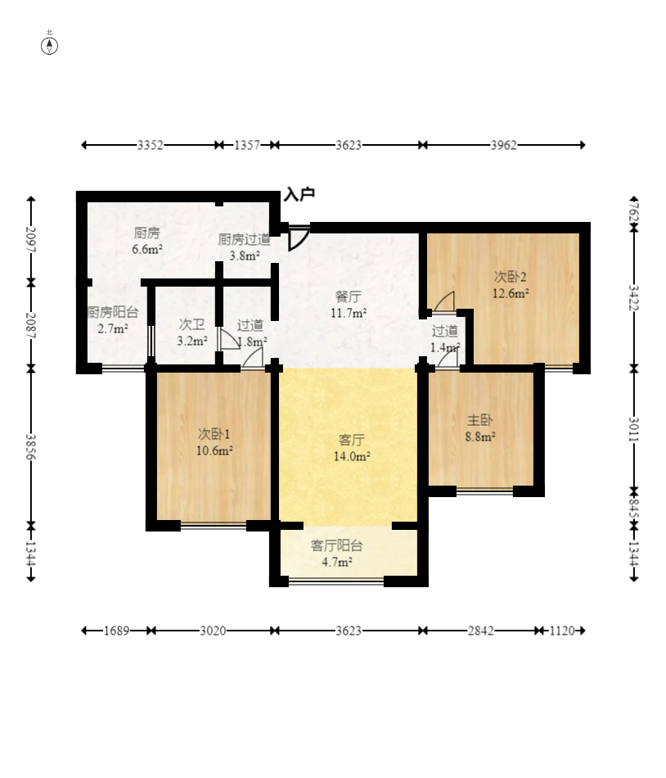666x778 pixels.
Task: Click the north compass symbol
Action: [x=49, y=46]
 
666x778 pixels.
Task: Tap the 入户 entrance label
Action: [x=299, y=194]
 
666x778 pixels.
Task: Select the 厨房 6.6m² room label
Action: [x=147, y=241]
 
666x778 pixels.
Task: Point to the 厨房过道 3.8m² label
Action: [x=245, y=247]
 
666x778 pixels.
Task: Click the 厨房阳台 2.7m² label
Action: [x=113, y=320]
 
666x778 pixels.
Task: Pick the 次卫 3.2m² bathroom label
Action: [x=192, y=333]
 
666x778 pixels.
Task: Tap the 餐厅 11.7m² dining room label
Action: [x=349, y=305]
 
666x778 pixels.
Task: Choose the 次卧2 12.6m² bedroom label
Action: [x=511, y=285]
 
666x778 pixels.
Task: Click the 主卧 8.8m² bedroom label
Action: [x=480, y=428]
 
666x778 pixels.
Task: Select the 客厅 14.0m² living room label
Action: [x=352, y=447]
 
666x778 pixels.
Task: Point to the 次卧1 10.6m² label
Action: [x=214, y=442]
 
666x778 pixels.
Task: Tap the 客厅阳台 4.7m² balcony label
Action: [x=337, y=554]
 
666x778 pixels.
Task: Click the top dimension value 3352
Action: [x=151, y=145]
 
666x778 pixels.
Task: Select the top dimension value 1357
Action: [x=247, y=145]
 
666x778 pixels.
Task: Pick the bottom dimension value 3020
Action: [x=213, y=631]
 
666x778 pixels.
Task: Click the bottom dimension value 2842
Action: [x=480, y=631]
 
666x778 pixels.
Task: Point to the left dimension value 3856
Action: [x=31, y=446]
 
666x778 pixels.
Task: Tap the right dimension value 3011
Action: [x=634, y=430]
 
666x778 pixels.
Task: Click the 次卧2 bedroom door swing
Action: [x=444, y=301]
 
